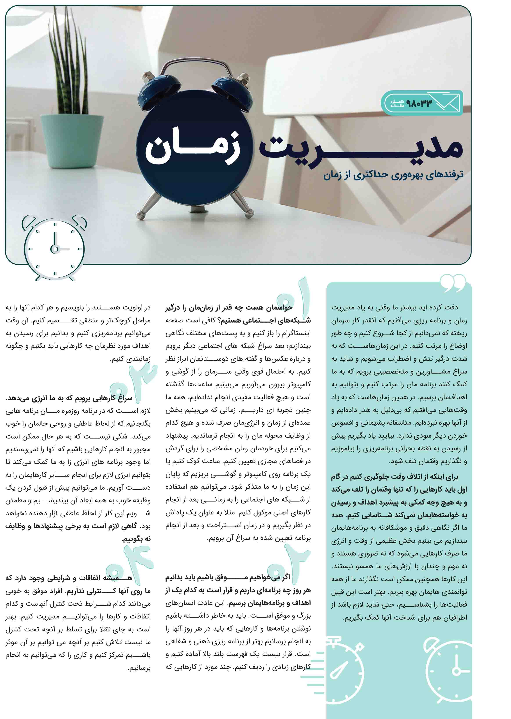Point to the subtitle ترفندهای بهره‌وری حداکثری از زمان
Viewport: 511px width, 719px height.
[x=393, y=175]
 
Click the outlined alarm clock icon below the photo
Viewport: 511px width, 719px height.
[x=54, y=248]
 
